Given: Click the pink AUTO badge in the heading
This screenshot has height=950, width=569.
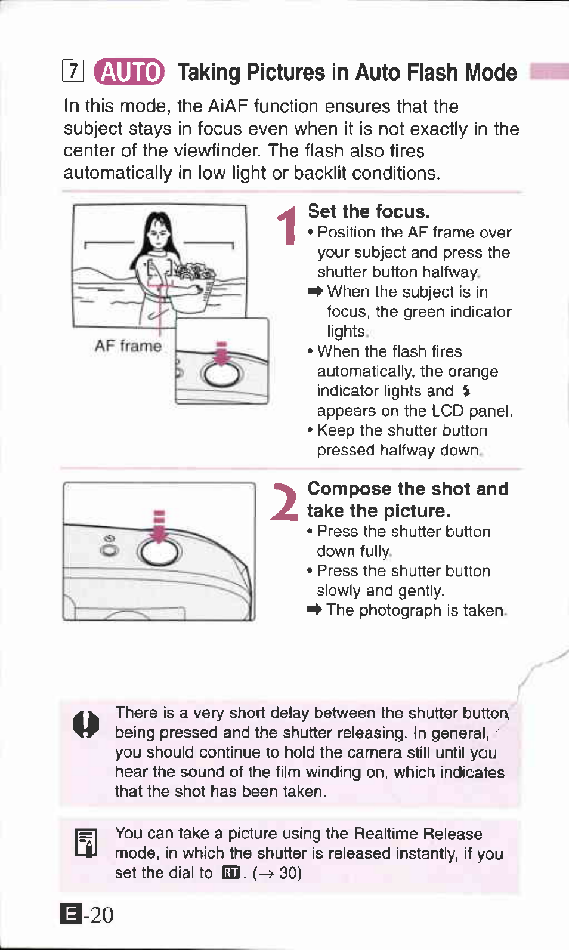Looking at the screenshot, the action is pyautogui.click(x=129, y=71).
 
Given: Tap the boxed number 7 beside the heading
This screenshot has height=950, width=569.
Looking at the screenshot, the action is pyautogui.click(x=73, y=70).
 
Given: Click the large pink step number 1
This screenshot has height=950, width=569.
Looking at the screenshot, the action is pyautogui.click(x=288, y=226).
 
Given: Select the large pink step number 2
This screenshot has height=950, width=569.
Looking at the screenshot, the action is pyautogui.click(x=284, y=502).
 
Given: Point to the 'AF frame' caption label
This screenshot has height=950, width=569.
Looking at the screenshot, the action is pyautogui.click(x=128, y=346).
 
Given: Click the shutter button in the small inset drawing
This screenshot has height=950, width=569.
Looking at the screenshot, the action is pyautogui.click(x=222, y=375).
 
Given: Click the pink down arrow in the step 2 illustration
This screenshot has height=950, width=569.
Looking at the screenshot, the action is pyautogui.click(x=159, y=526).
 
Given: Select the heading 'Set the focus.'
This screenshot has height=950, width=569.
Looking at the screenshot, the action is pyautogui.click(x=369, y=211).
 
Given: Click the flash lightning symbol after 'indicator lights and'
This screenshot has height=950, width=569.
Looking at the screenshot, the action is pyautogui.click(x=466, y=391).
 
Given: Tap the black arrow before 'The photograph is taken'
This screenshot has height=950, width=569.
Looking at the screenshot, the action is pyautogui.click(x=314, y=610).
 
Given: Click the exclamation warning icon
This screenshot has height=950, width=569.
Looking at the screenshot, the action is pyautogui.click(x=86, y=724).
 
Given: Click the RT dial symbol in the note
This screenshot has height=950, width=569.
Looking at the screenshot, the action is pyautogui.click(x=231, y=873).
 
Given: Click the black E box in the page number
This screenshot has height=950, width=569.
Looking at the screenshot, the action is pyautogui.click(x=71, y=914).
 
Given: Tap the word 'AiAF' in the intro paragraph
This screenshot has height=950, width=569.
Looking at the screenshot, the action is pyautogui.click(x=227, y=106).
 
